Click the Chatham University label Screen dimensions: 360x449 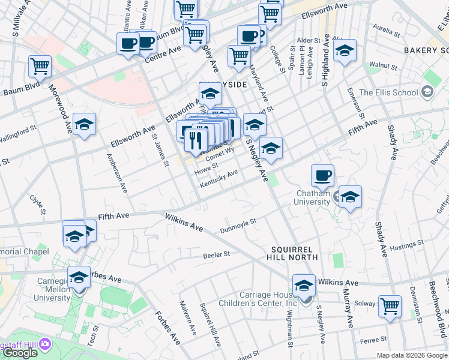(x=313, y=197)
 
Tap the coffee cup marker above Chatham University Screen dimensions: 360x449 (x=322, y=175)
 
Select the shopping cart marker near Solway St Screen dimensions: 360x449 (x=390, y=306)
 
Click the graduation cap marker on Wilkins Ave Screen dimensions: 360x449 (x=304, y=285)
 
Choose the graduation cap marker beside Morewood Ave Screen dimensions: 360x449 (x=84, y=124)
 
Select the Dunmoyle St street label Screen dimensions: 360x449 (x=238, y=224)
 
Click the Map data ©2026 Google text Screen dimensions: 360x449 (x=412, y=355)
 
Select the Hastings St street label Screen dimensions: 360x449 (x=406, y=245)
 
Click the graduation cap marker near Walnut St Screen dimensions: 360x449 (x=345, y=51)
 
